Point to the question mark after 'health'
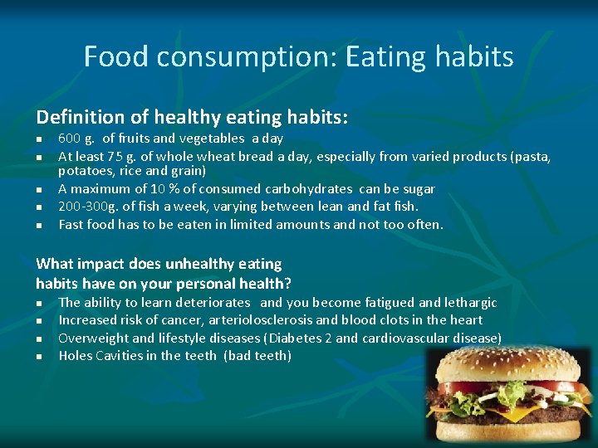coord(287,284)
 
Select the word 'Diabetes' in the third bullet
coord(295,338)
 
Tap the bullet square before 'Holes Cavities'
coord(39,357)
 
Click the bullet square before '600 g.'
coord(39,139)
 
